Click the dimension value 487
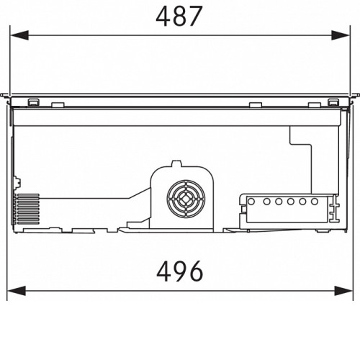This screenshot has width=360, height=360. [x=179, y=17]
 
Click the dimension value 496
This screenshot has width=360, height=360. [x=180, y=271]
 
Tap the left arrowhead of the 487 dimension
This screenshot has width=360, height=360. [x=19, y=35]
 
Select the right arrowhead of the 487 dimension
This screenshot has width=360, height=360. [x=341, y=35]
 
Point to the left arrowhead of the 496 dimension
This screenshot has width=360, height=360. [x=17, y=291]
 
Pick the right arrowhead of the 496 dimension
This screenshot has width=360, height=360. [x=343, y=291]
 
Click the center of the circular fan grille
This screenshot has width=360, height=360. [x=186, y=199]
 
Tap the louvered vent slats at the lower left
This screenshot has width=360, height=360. [x=27, y=209]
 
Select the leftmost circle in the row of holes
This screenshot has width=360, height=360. [x=251, y=202]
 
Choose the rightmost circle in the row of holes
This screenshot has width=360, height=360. [x=315, y=202]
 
